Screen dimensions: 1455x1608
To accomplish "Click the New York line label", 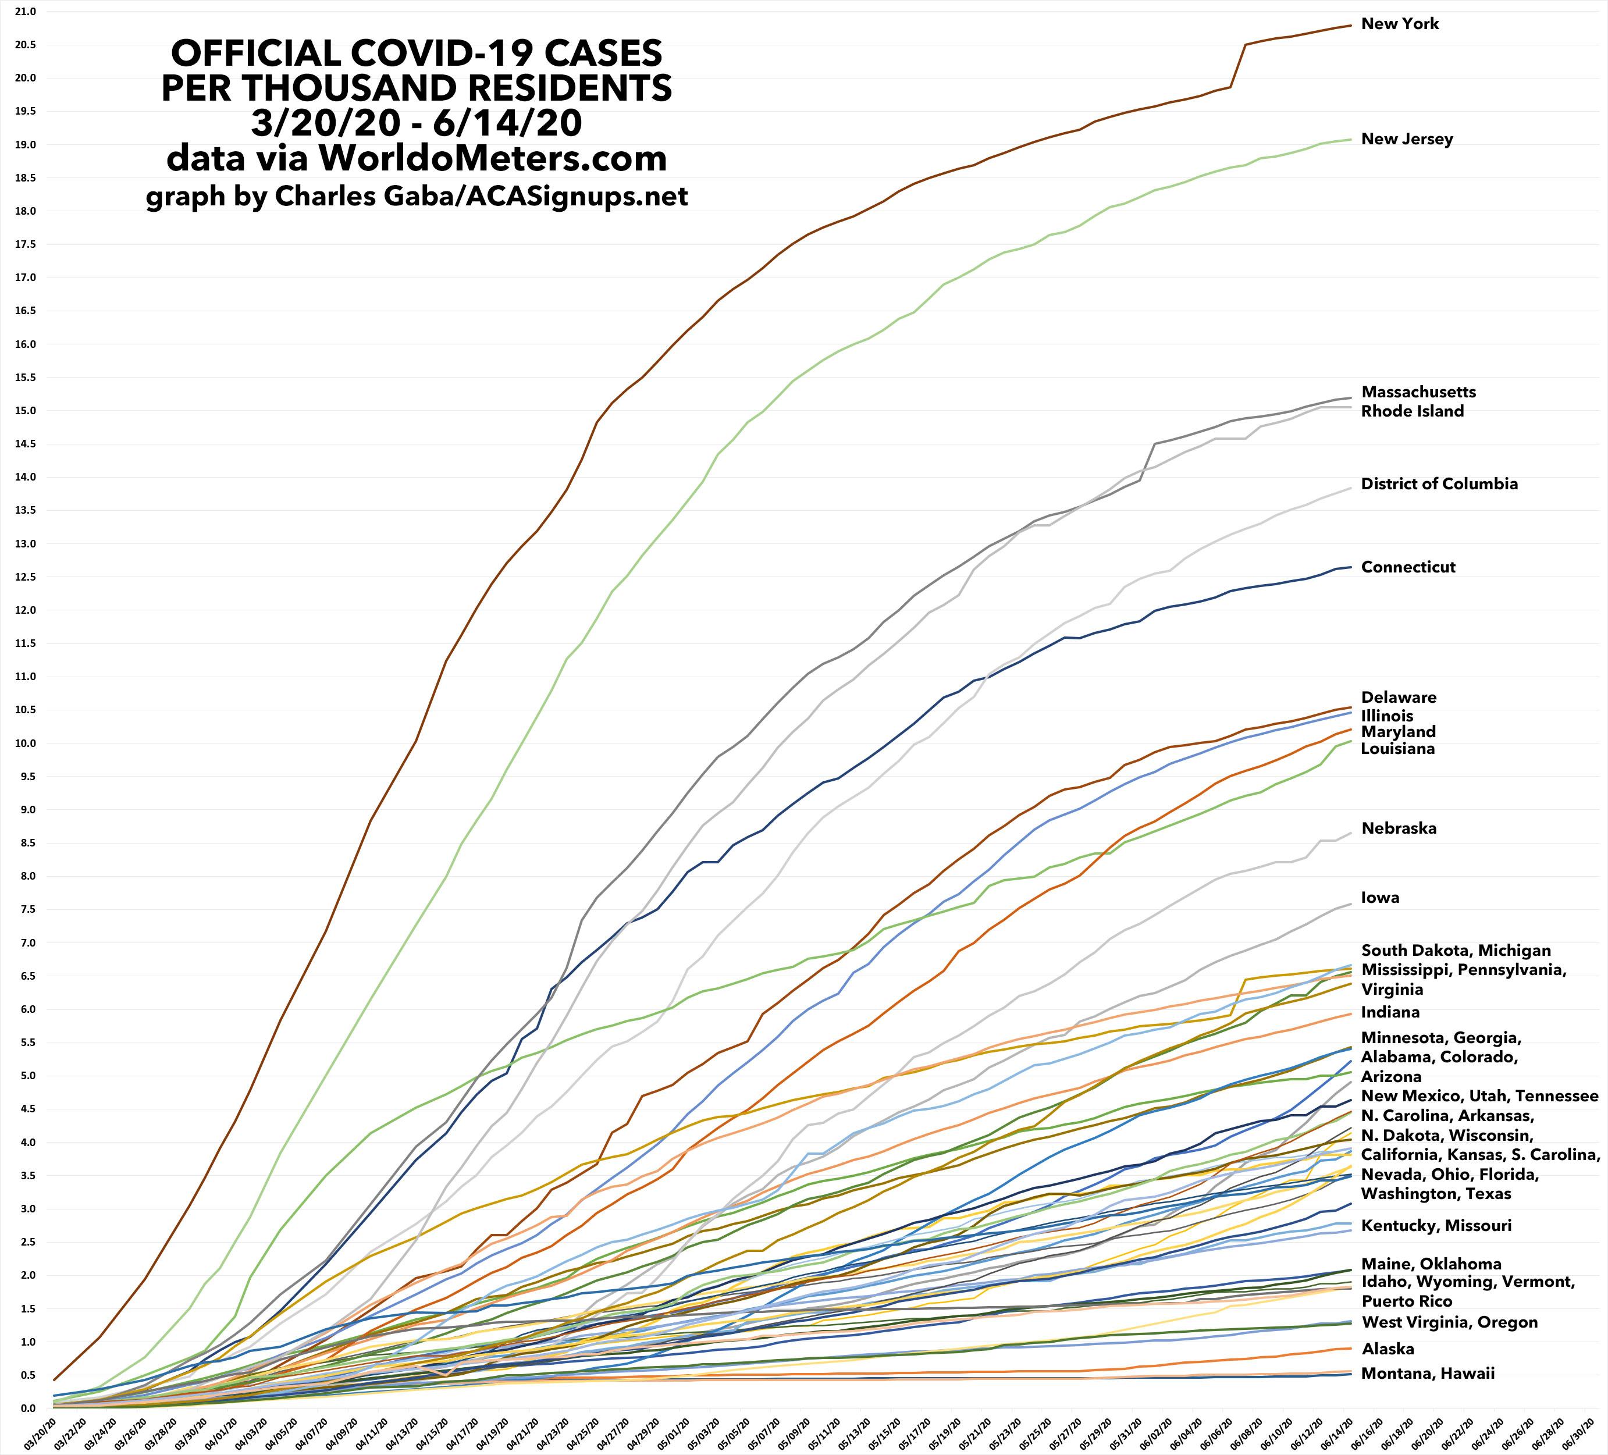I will click(1400, 24).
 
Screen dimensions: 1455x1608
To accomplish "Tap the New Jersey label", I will click(1407, 140).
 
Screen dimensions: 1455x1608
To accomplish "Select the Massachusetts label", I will click(1418, 392).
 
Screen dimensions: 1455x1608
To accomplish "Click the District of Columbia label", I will click(1439, 484).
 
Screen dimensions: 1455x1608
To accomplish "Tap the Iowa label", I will click(1380, 898).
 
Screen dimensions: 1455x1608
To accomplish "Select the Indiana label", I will click(1390, 1012).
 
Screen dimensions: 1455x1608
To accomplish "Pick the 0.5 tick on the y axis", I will click(29, 1375).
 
